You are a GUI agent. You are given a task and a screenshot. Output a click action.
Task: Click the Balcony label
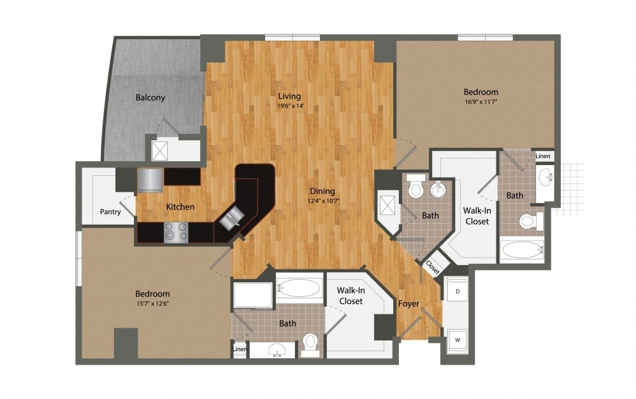pos(150,98)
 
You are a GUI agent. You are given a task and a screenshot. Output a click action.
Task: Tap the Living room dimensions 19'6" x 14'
pos(289,106)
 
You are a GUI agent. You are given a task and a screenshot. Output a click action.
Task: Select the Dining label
pos(322,191)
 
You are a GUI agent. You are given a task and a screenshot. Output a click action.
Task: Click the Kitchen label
pos(180,207)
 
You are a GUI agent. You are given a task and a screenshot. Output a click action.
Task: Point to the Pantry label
pos(111,212)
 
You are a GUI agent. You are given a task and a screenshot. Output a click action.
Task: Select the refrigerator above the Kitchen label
pos(150,179)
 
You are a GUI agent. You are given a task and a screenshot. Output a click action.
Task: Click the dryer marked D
pos(456,291)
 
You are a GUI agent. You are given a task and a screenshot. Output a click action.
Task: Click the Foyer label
pos(408,303)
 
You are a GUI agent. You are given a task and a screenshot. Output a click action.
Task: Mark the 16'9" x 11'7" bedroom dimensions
pos(481,101)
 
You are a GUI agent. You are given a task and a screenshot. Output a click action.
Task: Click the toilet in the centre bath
pos(416,187)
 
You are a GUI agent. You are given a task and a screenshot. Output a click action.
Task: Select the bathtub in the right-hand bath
pos(522,250)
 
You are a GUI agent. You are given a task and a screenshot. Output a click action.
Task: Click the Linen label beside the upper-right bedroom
pos(543,156)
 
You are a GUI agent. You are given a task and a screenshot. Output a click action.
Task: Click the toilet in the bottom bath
pos(310,342)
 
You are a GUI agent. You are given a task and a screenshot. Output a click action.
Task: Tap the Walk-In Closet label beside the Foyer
pos(351,296)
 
